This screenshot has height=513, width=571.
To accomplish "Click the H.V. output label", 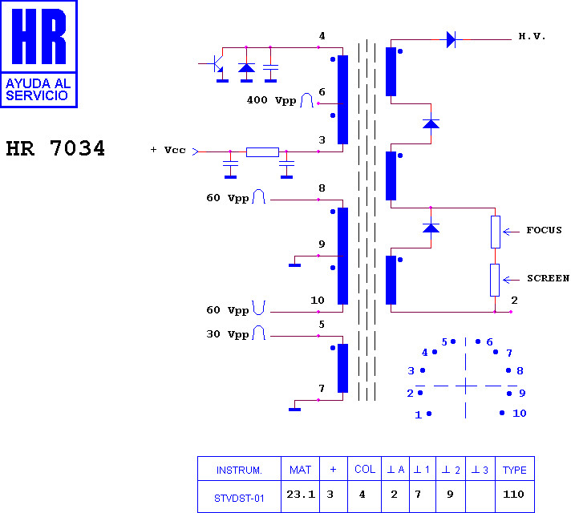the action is tap(532, 36).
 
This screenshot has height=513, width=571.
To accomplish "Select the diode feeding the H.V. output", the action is tap(451, 39).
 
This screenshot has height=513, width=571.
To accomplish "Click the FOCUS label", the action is tap(544, 230).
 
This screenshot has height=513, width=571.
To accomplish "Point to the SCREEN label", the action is tap(548, 278).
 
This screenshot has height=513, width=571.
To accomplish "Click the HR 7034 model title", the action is tap(55, 148).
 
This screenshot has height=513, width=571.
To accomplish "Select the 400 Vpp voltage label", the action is tap(271, 100).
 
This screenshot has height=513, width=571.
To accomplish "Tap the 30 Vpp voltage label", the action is tap(228, 334).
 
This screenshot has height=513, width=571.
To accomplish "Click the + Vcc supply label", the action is tap(168, 150).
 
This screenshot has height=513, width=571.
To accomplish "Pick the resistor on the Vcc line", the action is tap(262, 152).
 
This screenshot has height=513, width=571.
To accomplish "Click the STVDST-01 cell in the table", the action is tap(239, 498).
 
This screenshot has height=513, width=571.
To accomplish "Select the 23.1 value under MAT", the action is tap(301, 495).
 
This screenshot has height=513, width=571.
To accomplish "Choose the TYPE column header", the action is tap(515, 470).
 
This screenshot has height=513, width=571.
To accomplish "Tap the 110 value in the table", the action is tap(513, 495).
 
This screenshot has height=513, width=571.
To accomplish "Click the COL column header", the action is tap(365, 469).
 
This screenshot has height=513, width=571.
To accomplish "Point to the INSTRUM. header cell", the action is tap(239, 471).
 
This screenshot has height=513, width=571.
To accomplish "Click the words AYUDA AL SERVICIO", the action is tap(38, 90).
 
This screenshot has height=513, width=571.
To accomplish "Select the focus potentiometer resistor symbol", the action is tap(496, 232).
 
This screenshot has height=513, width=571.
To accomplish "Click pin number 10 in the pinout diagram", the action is tap(520, 414).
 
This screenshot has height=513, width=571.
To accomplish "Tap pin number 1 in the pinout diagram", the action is tap(419, 414).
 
